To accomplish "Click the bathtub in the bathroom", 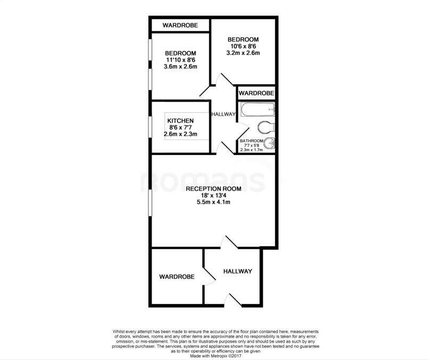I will point(257,110).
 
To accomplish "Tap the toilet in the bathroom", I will point(264,127).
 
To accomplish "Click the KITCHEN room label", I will point(180,121).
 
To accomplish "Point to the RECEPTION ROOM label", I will point(213,189).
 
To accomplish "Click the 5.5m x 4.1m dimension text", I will point(213,202).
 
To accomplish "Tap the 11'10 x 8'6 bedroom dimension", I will point(180,60).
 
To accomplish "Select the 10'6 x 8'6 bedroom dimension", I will point(243,46).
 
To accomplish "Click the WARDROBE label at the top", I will point(180,25).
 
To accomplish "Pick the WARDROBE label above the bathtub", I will point(257,93).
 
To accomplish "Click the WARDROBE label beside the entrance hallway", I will point(177,277).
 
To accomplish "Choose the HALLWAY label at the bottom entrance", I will point(237,272).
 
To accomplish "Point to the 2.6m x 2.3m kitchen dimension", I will point(180,134).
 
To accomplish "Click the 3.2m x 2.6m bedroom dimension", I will point(243,53).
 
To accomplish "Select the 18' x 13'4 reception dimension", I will point(213,195).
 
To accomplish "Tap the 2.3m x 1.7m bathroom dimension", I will point(252,150).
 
